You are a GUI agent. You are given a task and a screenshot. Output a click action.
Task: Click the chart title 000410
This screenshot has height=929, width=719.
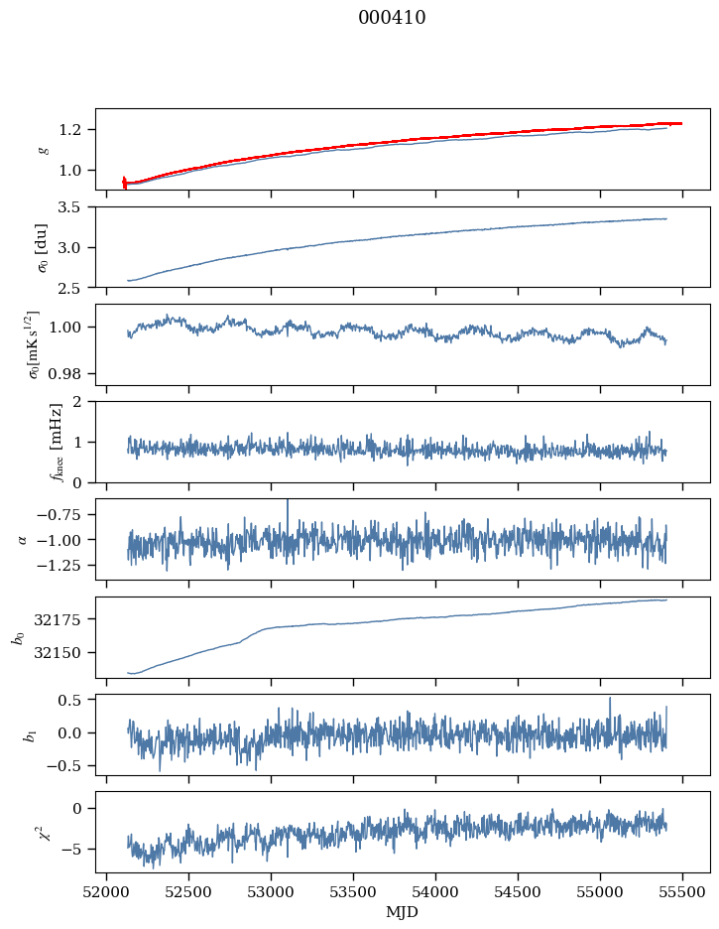[x=392, y=18]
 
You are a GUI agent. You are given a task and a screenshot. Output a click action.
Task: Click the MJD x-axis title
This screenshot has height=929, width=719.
[x=403, y=912]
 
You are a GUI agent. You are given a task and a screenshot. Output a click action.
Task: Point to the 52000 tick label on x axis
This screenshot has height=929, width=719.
[x=107, y=892]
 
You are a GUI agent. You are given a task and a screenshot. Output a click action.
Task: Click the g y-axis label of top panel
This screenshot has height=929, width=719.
[x=43, y=149]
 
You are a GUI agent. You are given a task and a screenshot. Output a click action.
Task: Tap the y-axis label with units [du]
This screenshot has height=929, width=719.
[x=43, y=246]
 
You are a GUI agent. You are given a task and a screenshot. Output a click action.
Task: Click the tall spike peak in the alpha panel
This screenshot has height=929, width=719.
[x=288, y=500]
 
